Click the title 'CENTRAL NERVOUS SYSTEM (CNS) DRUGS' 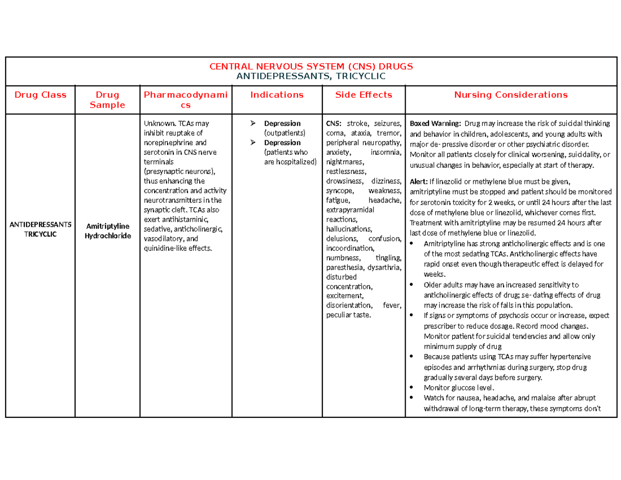coord(310,66)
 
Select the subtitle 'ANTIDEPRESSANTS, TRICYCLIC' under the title coord(310,76)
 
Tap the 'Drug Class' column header coord(40,95)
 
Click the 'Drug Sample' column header coord(107,99)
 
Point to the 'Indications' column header coord(276,95)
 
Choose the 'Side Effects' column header coord(364,95)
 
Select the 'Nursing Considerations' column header coord(511,95)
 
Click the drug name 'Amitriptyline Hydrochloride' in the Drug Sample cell coord(107,231)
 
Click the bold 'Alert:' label coord(419,182)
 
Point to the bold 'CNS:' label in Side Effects coord(334,123)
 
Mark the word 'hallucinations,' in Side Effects coord(349,229)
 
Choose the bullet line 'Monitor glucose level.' coord(459,387)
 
